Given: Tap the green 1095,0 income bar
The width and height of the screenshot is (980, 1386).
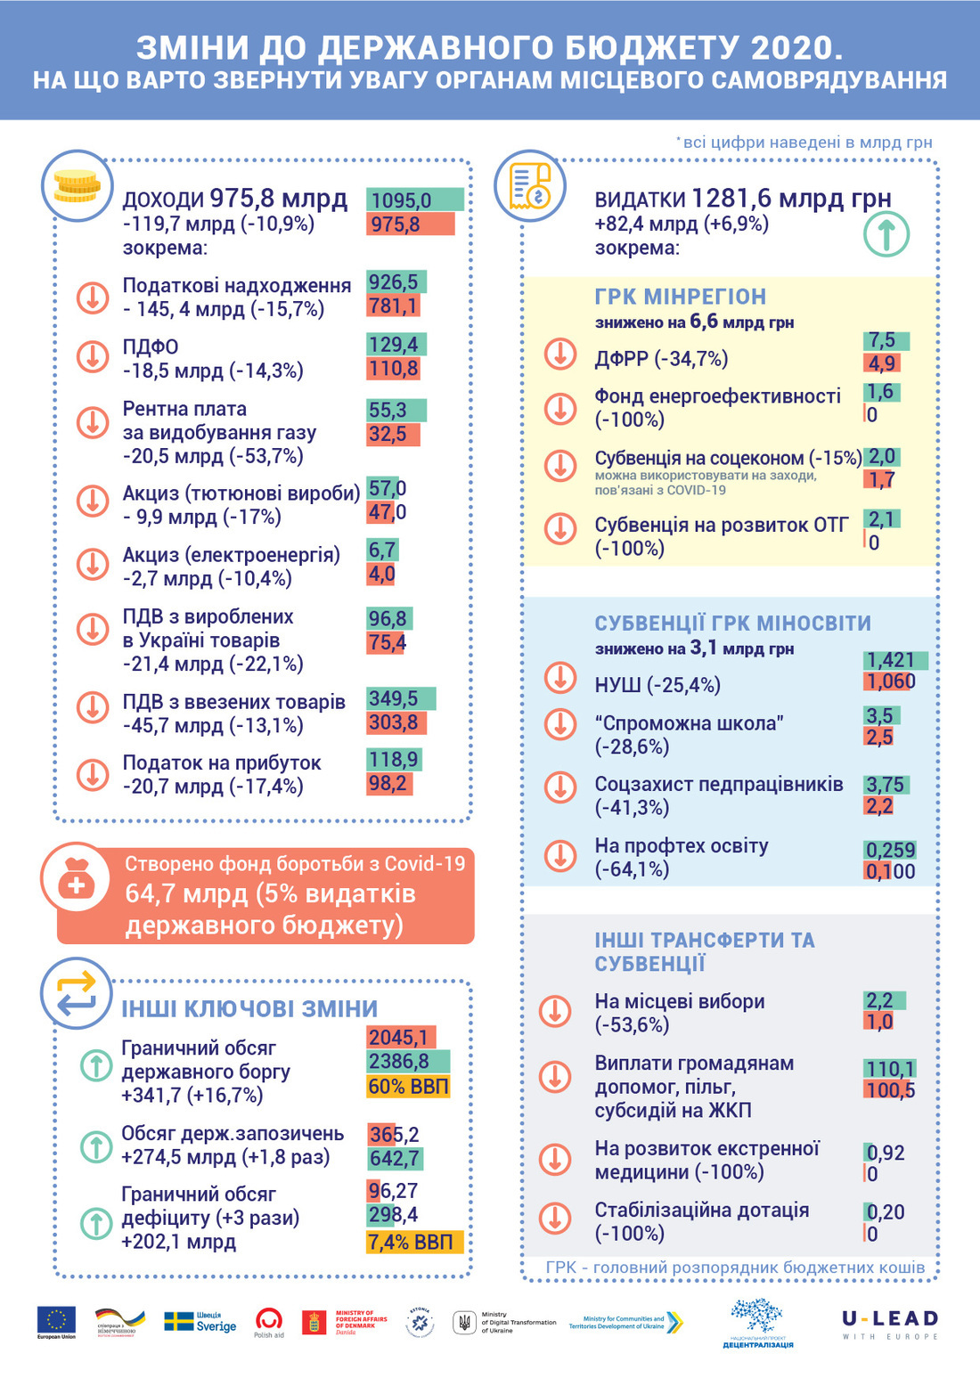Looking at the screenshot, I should (414, 200).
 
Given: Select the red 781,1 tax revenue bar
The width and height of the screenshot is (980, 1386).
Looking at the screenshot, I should (393, 306).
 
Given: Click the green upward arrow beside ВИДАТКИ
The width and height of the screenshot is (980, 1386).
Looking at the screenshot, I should (886, 234).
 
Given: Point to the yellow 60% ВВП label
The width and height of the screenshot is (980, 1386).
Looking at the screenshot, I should (409, 1087).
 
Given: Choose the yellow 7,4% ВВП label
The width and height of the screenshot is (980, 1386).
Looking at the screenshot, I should (414, 1243).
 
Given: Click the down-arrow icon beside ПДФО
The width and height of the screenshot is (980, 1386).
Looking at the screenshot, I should (93, 358).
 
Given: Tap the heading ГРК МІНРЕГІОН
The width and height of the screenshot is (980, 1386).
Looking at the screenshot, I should (680, 297).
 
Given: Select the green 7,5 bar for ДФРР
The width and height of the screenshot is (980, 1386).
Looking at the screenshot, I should (886, 340).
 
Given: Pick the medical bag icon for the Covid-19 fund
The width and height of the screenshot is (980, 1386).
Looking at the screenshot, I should (76, 881).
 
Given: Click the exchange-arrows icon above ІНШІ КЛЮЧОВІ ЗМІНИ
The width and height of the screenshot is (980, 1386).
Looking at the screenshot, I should (76, 993).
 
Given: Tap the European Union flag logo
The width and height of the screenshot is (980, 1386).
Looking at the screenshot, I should (56, 1319).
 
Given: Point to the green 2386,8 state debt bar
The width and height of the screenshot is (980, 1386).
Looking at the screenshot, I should (408, 1062).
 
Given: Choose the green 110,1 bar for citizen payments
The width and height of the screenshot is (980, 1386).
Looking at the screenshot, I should (890, 1068).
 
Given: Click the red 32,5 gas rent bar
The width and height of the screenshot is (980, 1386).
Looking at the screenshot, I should (392, 435).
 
